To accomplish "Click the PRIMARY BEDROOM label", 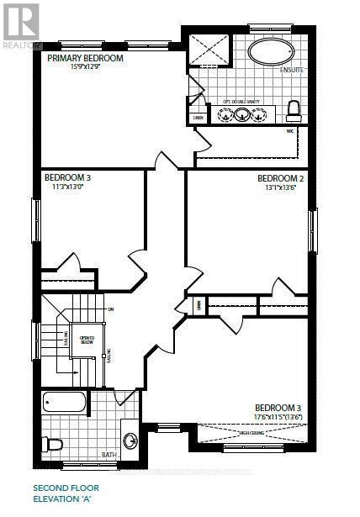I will (x=86, y=58).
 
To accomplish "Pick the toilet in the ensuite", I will (x=294, y=110).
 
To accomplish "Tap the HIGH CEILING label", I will (x=252, y=433).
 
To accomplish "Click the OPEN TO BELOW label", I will (x=87, y=340).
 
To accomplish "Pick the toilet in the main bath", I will (x=53, y=443).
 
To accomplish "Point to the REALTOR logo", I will (x=20, y=24).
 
